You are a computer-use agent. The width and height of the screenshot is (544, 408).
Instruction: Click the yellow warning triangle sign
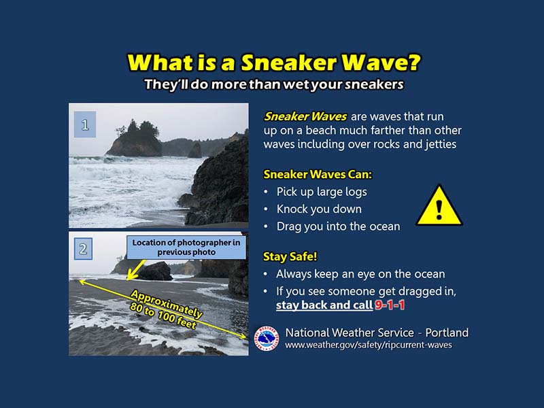coord(439,207)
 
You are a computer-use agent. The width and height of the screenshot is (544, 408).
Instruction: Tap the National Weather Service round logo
coord(267,338)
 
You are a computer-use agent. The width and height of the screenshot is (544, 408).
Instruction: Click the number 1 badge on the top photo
coord(85,124)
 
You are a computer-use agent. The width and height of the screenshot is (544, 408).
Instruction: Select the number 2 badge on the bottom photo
coord(83,249)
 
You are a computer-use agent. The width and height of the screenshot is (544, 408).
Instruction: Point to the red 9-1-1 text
coord(390,305)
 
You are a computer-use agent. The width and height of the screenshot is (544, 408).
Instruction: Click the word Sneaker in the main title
coord(289,63)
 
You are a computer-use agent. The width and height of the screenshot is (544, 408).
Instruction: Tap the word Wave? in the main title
coord(381,63)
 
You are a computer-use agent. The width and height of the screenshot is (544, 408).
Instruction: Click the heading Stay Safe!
coord(290,256)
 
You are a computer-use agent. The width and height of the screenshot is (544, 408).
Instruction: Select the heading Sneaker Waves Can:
coord(318,174)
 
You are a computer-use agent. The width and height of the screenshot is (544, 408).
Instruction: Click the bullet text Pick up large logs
coord(322,192)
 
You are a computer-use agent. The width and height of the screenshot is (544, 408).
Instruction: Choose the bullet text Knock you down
coord(319,209)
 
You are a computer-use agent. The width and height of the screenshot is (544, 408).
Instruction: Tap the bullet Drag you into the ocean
coord(338,226)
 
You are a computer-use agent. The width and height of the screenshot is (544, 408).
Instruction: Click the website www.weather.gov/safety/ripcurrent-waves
coord(369,345)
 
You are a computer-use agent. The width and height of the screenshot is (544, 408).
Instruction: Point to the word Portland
coord(447,333)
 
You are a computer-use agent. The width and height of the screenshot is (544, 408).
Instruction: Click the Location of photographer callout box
coord(186,248)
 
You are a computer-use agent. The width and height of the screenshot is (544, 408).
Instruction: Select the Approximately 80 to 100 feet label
coord(165,309)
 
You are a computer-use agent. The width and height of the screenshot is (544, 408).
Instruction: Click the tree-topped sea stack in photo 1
coord(135,139)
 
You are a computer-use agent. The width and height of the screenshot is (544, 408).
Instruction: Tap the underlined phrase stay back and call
coord(324,305)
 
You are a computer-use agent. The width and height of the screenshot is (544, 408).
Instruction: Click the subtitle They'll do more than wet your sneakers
coord(274,84)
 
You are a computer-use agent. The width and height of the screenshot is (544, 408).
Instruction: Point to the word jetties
coord(441,144)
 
